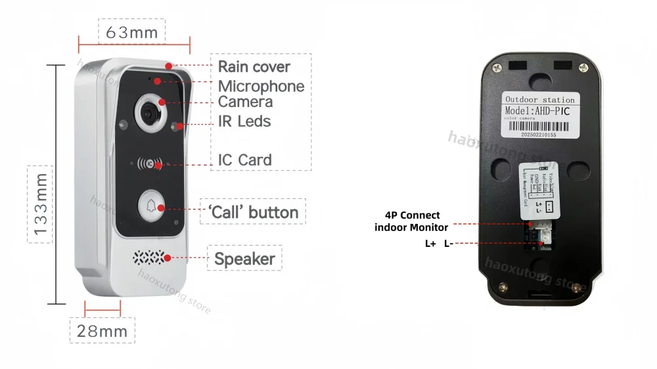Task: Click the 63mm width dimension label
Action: click(131, 32)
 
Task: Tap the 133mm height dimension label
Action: click(41, 204)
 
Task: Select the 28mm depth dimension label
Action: click(102, 331)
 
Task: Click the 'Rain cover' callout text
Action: click(254, 67)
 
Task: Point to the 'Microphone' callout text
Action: click(261, 86)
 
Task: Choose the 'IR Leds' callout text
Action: click(244, 121)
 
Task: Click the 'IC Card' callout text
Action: click(244, 160)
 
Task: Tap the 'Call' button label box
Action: click(253, 212)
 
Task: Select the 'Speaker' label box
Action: click(244, 259)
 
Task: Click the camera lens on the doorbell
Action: click(152, 111)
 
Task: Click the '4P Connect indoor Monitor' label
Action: click(411, 221)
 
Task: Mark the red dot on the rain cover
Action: click(170, 66)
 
